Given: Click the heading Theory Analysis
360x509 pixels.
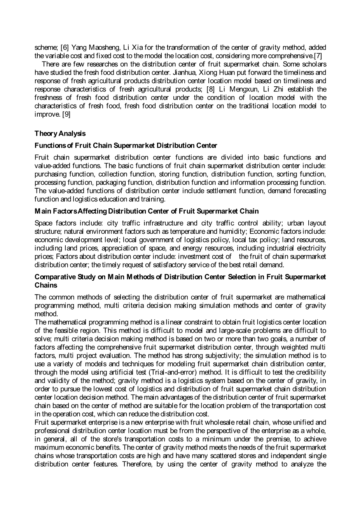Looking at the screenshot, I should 60,133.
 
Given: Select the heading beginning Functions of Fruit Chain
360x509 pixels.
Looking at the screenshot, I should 126,145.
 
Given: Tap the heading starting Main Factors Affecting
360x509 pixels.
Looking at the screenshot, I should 146,211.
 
